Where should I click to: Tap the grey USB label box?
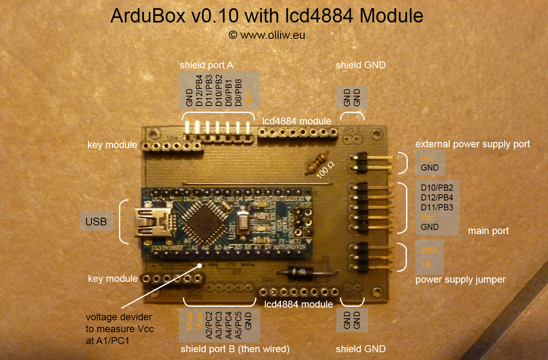click(x=96, y=222)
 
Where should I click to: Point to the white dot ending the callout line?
click(x=200, y=265)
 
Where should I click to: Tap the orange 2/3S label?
click(x=429, y=250)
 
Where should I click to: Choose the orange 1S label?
click(x=426, y=265)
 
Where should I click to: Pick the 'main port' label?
click(x=488, y=231)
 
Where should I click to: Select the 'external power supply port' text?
click(x=472, y=144)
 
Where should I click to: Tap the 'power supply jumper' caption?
click(x=460, y=280)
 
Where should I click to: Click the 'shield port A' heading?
click(x=207, y=65)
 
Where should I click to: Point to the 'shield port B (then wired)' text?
click(x=235, y=349)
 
